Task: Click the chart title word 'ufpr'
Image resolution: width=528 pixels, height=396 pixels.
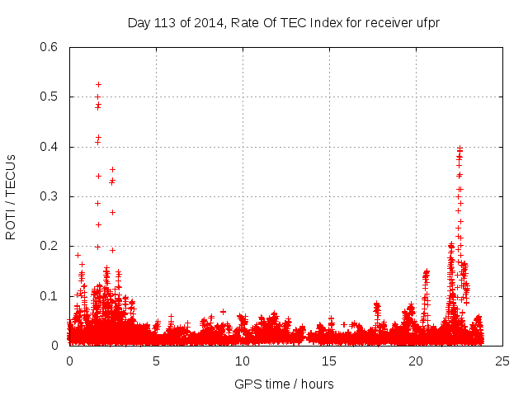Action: (426, 22)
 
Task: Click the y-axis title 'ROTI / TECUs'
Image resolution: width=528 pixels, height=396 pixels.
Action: (11, 196)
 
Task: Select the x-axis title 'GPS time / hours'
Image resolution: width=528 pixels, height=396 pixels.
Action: (284, 384)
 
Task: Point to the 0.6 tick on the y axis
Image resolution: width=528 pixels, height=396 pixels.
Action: (51, 47)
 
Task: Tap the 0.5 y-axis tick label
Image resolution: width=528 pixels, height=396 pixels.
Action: (51, 97)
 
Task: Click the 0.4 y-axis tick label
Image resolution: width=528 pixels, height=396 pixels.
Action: (51, 147)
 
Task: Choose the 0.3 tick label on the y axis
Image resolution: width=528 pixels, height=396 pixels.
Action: (51, 197)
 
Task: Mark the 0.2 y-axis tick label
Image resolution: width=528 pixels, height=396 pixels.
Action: (51, 247)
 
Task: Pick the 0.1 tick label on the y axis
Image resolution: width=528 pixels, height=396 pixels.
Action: (51, 296)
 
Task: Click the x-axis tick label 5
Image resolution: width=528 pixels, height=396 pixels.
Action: (156, 361)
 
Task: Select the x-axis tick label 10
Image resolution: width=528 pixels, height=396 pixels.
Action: (243, 361)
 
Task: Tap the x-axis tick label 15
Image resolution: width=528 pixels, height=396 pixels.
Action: (329, 361)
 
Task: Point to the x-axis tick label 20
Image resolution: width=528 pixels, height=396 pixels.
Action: (416, 361)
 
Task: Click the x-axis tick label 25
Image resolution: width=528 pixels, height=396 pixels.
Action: (502, 361)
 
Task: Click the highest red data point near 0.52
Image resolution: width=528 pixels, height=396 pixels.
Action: (98, 84)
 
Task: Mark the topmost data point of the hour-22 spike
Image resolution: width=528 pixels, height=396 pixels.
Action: (460, 148)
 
